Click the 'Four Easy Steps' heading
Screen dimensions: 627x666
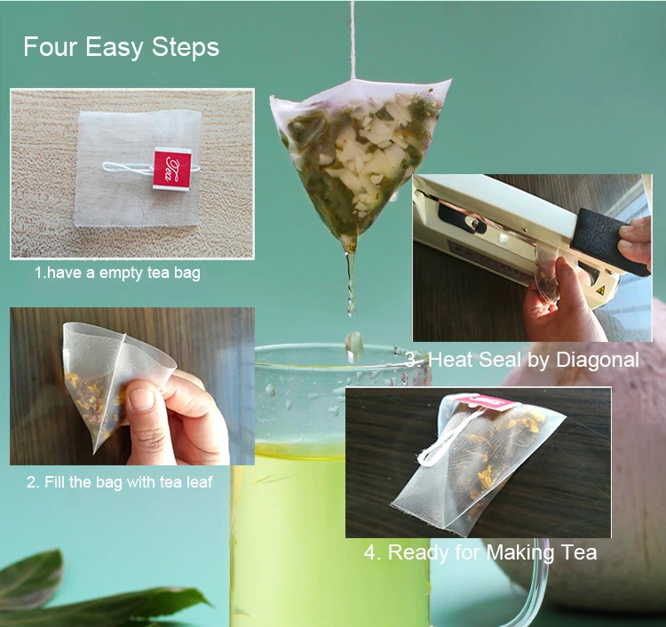(121, 47)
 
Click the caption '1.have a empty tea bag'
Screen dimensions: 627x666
(117, 273)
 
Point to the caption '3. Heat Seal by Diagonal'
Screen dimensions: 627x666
(521, 360)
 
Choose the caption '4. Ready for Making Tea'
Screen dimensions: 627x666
(480, 552)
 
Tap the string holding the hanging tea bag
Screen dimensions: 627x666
(353, 36)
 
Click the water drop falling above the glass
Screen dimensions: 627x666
(353, 344)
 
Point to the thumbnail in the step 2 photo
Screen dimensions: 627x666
(143, 400)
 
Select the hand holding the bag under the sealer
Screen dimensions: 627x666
(555, 306)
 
